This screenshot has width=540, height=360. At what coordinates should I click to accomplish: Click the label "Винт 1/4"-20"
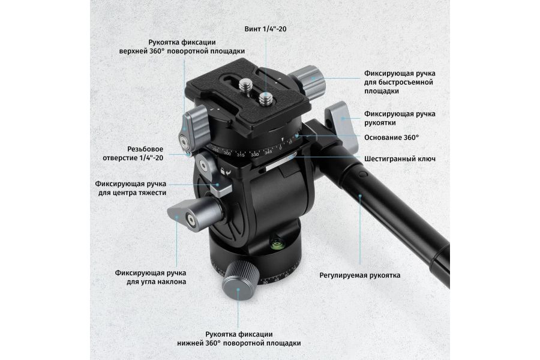point(265,29)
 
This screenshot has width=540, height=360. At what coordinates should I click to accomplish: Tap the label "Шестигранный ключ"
point(400,159)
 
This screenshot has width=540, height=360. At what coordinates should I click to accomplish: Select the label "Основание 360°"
point(392,137)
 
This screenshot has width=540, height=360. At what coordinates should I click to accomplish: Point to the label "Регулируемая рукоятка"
point(360,275)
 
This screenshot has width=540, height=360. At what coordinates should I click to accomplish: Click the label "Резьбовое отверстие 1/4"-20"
point(133,154)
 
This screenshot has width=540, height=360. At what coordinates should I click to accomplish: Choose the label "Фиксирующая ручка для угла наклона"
point(151,277)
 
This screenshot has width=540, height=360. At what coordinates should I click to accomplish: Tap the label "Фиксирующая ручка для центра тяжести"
point(131,188)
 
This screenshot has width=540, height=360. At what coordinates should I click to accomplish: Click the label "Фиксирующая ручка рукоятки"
point(400,118)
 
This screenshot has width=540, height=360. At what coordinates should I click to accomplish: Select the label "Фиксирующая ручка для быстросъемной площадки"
point(400,82)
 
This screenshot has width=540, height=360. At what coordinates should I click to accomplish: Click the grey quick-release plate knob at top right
point(308,82)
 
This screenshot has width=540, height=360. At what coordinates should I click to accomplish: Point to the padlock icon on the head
point(223,171)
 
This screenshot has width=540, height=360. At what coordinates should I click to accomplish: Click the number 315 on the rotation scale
point(241,155)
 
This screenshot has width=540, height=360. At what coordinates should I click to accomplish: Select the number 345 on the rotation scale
point(268,152)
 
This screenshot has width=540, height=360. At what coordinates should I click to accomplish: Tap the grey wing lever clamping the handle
point(341,126)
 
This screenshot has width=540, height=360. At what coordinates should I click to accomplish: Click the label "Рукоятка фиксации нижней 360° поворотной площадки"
point(239,338)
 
